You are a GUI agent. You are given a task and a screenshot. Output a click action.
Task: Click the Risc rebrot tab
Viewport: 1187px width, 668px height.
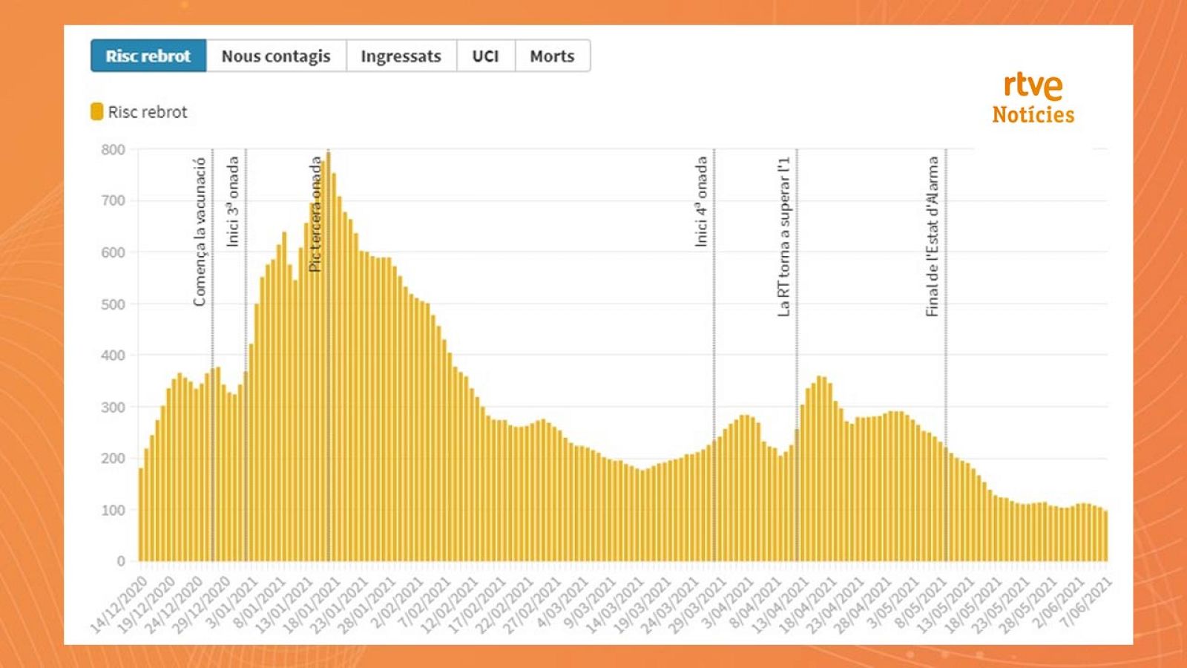tap(148, 56)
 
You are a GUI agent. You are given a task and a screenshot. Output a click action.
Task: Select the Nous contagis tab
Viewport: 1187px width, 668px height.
tap(276, 56)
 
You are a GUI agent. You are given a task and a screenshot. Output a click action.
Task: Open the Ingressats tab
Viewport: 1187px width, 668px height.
tap(401, 56)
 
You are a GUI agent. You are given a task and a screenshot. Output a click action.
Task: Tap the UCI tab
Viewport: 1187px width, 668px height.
tap(485, 56)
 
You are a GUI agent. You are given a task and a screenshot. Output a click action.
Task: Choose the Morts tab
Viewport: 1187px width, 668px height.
tap(552, 56)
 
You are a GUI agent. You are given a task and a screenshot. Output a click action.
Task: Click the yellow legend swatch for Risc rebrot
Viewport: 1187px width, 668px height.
tap(96, 112)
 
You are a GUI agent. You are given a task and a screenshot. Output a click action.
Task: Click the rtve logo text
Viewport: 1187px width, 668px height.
tap(1033, 85)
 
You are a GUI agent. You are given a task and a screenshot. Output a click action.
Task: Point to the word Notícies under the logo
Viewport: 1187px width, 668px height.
tap(1033, 115)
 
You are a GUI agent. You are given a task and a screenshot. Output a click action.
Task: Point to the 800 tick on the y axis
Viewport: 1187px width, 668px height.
tap(114, 149)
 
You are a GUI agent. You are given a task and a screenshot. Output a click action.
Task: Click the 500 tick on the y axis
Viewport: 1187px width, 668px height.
tap(114, 304)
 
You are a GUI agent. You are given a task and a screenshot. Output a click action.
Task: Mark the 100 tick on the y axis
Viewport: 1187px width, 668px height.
tap(114, 511)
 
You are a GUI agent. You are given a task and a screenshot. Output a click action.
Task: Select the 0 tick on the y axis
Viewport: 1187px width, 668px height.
tap(121, 562)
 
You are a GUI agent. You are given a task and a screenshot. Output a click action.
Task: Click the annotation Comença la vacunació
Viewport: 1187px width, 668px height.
tap(200, 232)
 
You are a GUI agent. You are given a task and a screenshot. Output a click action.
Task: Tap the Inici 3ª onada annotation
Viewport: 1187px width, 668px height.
tap(233, 202)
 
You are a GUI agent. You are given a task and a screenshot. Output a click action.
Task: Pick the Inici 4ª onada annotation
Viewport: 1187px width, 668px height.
tap(701, 202)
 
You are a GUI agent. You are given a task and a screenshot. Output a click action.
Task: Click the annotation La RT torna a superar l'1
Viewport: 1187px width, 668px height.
tap(784, 236)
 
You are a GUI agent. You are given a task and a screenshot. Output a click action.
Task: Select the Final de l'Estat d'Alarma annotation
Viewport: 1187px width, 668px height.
tap(933, 236)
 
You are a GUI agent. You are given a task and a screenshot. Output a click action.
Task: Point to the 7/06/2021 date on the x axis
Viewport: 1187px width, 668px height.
tap(1087, 603)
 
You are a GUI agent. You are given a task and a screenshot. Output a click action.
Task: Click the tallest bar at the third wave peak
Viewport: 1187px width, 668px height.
tap(329, 356)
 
